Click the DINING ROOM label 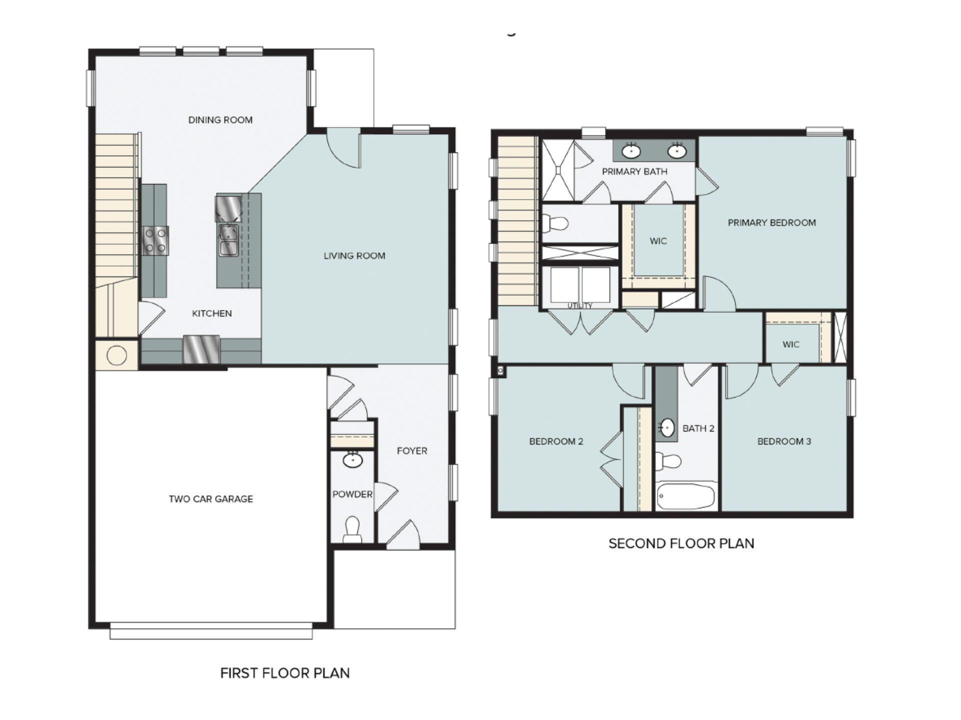click(220, 120)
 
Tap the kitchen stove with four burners click(155, 240)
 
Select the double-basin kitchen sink click(229, 240)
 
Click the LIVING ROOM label click(354, 256)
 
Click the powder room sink click(353, 460)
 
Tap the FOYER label click(412, 451)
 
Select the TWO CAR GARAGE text click(211, 499)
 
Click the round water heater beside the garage click(117, 355)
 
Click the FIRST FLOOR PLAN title click(285, 673)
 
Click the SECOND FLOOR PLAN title click(681, 543)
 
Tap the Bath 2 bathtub click(686, 496)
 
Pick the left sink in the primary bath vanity click(631, 149)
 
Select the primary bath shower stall click(558, 170)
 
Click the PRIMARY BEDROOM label click(771, 223)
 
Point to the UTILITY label click(580, 305)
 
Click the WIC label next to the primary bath click(658, 241)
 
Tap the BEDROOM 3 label click(784, 441)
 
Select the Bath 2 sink click(667, 428)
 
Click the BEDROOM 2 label click(556, 441)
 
